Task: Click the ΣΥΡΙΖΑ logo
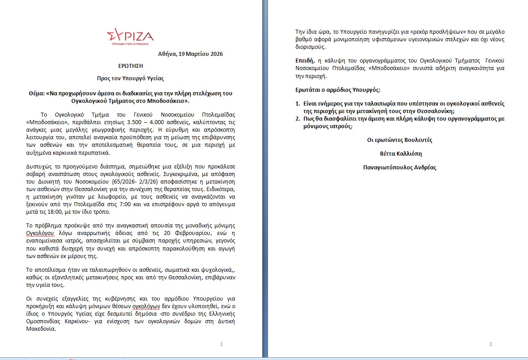tap(130, 37)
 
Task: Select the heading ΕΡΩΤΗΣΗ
tap(130, 66)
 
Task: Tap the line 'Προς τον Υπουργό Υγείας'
tap(130, 78)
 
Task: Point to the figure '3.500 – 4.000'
tap(132, 122)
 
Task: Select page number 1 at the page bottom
tap(221, 344)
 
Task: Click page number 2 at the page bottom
tap(491, 344)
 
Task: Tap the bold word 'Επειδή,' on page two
tap(304, 61)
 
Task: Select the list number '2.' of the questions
tap(298, 119)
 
